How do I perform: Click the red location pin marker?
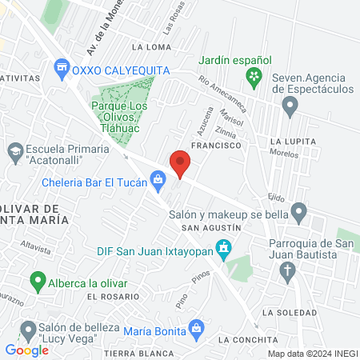pyautogui.click(x=180, y=163)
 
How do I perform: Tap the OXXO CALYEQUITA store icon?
pyautogui.click(x=61, y=70)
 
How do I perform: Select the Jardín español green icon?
pyautogui.click(x=254, y=78)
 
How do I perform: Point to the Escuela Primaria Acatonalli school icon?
pyautogui.click(x=14, y=150)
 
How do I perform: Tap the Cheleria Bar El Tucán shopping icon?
pyautogui.click(x=159, y=182)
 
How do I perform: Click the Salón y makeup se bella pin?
pyautogui.click(x=299, y=214)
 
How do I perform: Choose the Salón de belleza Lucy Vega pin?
pyautogui.click(x=29, y=329)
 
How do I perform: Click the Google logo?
pyautogui.click(x=26, y=350)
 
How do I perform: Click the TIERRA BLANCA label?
pyautogui.click(x=138, y=353)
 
